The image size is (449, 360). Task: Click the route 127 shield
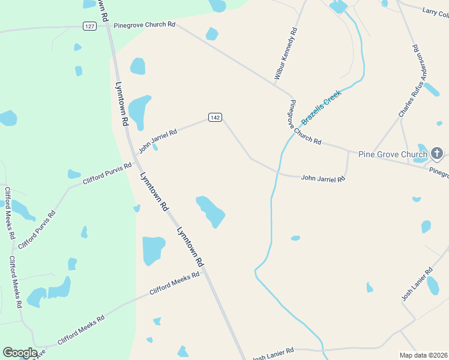89,26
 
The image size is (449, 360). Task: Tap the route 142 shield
215,117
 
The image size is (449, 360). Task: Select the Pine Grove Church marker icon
437,154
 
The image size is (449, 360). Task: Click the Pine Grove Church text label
393,154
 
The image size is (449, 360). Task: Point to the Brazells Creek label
321,107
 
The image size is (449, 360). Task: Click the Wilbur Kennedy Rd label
285,53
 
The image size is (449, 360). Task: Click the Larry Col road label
435,11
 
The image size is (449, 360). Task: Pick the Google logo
20,353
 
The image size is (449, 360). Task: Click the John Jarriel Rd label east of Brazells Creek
323,178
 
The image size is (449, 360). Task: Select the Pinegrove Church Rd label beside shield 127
144,25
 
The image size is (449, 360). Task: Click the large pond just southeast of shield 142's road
211,211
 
